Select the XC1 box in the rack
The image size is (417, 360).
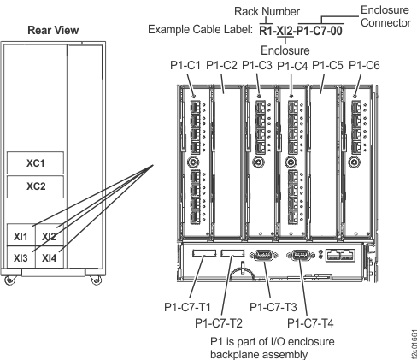pyautogui.click(x=35, y=162)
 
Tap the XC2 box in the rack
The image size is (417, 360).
pyautogui.click(x=35, y=186)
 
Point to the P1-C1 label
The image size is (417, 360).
pyautogui.click(x=185, y=65)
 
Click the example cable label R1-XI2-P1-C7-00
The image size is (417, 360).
pyautogui.click(x=301, y=30)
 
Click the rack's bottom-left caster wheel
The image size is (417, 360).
pyautogui.click(x=9, y=279)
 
